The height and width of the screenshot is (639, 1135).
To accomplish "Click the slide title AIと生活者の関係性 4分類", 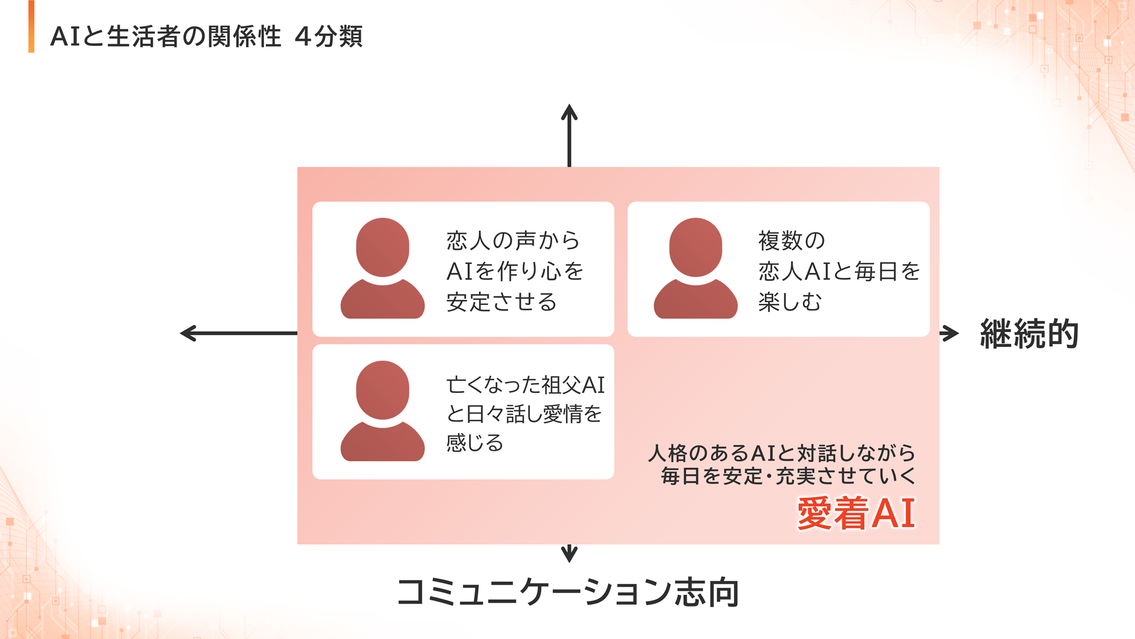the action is pyautogui.click(x=207, y=36).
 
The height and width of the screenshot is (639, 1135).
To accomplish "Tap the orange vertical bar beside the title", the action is pyautogui.click(x=31, y=27).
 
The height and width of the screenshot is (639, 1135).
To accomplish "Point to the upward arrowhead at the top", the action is pyautogui.click(x=569, y=112).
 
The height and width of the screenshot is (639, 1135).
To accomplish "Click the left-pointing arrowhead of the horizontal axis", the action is pyautogui.click(x=188, y=333).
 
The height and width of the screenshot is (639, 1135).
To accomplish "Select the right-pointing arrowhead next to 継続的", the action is pyautogui.click(x=950, y=333).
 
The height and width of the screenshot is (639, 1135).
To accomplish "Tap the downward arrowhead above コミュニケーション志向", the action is pyautogui.click(x=569, y=554).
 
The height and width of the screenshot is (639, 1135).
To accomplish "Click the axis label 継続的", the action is pyautogui.click(x=1029, y=333).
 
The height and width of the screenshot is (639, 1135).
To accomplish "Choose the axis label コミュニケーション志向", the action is pyautogui.click(x=568, y=592).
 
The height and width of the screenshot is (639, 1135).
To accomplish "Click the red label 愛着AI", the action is pyautogui.click(x=856, y=513).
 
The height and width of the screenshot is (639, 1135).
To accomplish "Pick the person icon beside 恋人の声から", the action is pyautogui.click(x=382, y=268).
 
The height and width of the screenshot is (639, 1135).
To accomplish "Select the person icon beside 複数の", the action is pyautogui.click(x=696, y=268).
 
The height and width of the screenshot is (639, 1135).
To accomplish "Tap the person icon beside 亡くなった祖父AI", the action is pyautogui.click(x=382, y=411).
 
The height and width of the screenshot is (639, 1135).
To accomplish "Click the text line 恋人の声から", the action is pyautogui.click(x=513, y=240).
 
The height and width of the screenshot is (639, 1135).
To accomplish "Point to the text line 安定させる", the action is pyautogui.click(x=502, y=302).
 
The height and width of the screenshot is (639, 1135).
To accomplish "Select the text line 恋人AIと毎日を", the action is pyautogui.click(x=839, y=271).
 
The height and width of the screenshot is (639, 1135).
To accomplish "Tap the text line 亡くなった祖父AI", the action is pyautogui.click(x=526, y=385).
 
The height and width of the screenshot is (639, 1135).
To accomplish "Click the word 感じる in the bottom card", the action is pyautogui.click(x=475, y=442).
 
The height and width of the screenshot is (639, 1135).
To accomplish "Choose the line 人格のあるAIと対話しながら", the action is pyautogui.click(x=782, y=453).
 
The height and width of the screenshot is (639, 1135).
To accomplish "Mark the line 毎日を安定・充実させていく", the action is pyautogui.click(x=788, y=475).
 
